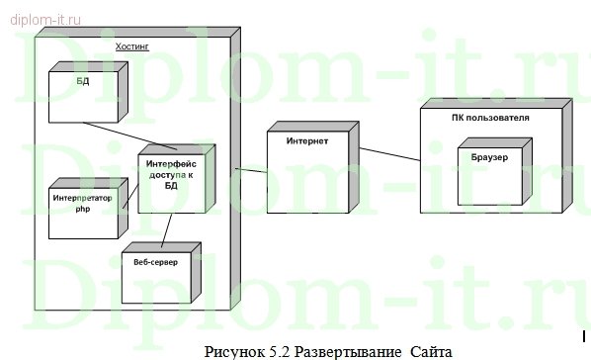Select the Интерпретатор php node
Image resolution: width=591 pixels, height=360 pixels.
pyautogui.click(x=87, y=209)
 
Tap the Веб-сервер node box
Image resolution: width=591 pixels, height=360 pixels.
pyautogui.click(x=159, y=264)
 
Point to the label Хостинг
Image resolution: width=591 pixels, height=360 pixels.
pyautogui.click(x=132, y=47)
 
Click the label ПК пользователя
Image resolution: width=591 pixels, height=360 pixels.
pyautogui.click(x=488, y=118)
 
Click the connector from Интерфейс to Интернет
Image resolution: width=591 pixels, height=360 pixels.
pyautogui.click(x=251, y=170)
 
